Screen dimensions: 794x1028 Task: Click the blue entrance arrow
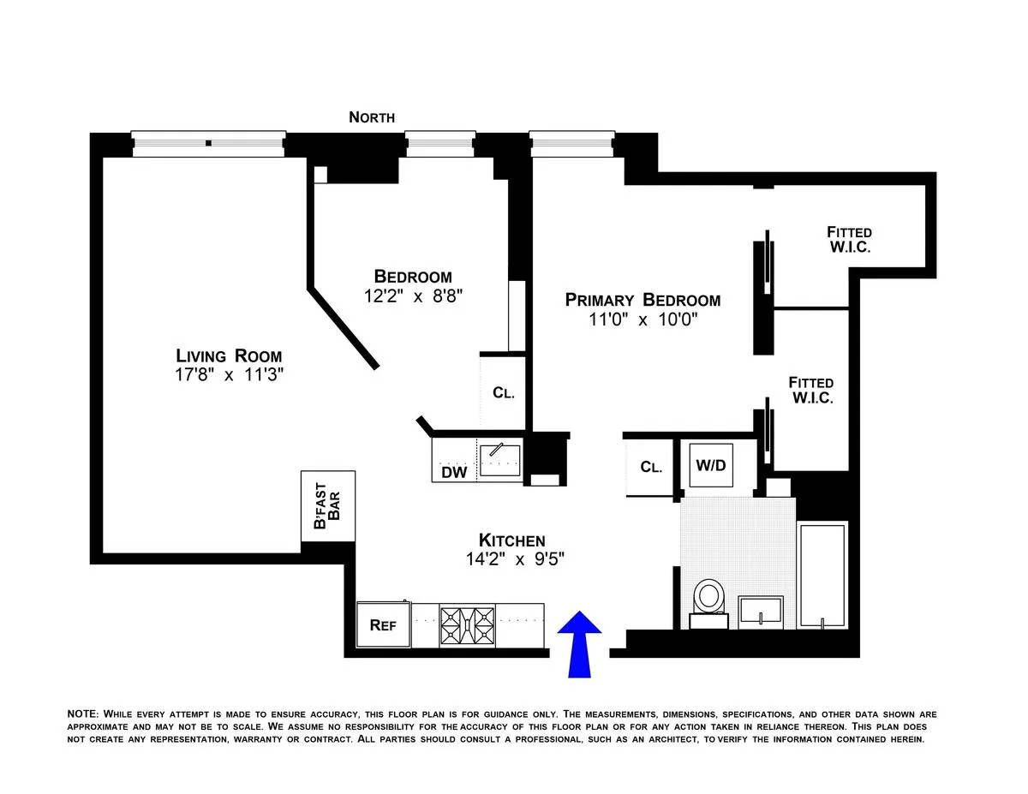[x=580, y=644]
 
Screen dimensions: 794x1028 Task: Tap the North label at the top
[x=372, y=117]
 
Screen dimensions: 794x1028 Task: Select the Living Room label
[x=229, y=355]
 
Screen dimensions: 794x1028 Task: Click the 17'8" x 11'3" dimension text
[x=229, y=375]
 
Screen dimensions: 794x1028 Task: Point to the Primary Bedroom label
[x=642, y=300]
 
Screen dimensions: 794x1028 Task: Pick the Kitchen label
[x=511, y=540]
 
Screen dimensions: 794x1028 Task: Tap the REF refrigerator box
[x=383, y=625]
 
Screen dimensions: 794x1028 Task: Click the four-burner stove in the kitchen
[x=467, y=626]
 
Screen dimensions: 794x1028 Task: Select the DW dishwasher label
[x=453, y=472]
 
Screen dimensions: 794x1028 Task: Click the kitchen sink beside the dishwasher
[x=499, y=459]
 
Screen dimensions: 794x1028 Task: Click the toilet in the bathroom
[x=709, y=597]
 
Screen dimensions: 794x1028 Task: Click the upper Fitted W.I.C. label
[x=849, y=240]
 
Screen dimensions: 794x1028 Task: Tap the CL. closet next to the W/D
[x=650, y=468]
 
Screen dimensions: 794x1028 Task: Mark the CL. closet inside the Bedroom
[x=503, y=393]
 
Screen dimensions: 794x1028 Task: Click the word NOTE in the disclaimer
[x=83, y=713]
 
